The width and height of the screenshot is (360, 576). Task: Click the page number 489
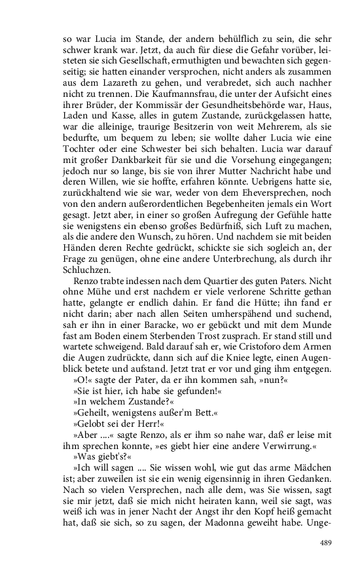327,543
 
